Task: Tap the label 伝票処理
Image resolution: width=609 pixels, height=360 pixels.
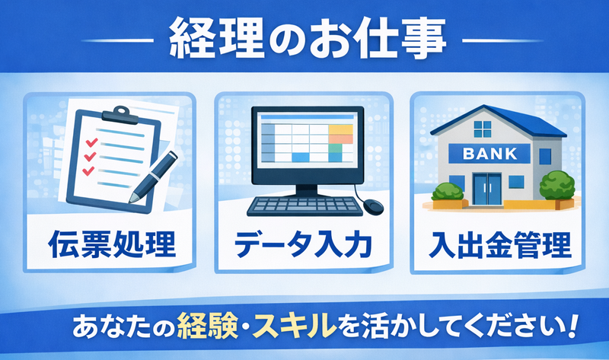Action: tap(112, 244)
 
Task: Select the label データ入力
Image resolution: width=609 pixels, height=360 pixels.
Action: tap(303, 244)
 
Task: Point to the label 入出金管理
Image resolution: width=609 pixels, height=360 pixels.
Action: tap(500, 244)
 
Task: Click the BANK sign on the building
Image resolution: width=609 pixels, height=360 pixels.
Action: tap(489, 154)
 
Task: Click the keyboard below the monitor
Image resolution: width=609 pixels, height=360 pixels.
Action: tap(305, 206)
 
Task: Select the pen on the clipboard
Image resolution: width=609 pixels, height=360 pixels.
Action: tap(154, 177)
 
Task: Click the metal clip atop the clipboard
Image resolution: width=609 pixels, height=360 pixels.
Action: tap(120, 115)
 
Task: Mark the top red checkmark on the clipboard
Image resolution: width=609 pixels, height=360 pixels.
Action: tap(91, 142)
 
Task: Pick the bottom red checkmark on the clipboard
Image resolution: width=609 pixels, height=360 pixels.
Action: tap(88, 170)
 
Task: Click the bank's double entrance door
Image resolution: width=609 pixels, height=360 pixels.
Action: tap(486, 189)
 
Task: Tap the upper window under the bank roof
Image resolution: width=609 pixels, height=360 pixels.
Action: tap(483, 129)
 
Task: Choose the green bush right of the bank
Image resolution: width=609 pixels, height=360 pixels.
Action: tap(557, 186)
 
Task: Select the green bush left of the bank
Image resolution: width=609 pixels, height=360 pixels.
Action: tap(448, 192)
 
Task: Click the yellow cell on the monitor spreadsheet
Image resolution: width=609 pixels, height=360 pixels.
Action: tap(340, 129)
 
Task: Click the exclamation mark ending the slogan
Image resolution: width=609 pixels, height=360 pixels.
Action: tap(570, 327)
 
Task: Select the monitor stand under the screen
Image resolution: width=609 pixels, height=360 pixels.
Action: tap(307, 191)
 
